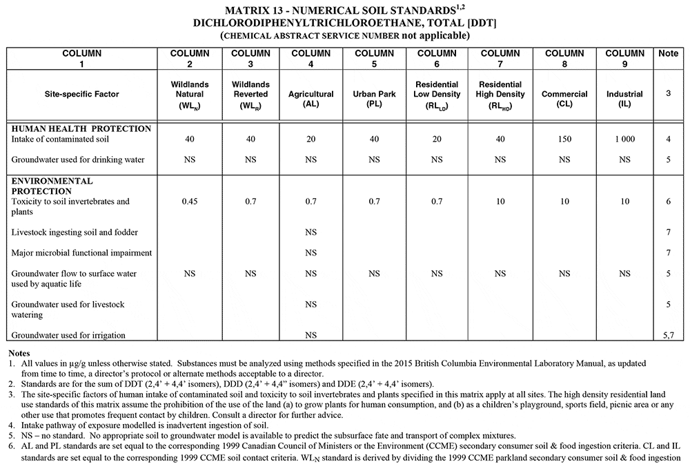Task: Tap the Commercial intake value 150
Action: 564,139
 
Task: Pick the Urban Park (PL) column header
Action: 373,94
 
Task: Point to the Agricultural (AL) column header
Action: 310,94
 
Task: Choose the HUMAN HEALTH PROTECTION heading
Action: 81,128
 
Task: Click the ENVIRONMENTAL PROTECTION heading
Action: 52,186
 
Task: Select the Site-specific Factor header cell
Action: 81,95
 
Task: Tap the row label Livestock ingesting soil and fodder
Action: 75,232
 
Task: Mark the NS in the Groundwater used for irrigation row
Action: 310,335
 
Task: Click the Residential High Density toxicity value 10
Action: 500,202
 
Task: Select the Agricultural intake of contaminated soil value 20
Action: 310,139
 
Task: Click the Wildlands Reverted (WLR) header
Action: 250,94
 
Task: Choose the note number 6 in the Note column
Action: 667,202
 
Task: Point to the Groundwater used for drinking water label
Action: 78,160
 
